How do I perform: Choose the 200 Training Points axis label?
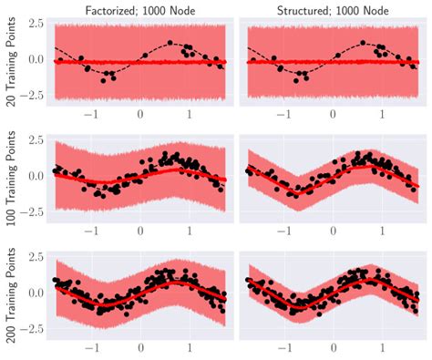pyautogui.click(x=12, y=293)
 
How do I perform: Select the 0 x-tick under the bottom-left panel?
pyautogui.click(x=140, y=347)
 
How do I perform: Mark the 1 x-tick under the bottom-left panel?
pyautogui.click(x=190, y=347)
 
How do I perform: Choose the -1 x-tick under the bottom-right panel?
pyautogui.click(x=282, y=347)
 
